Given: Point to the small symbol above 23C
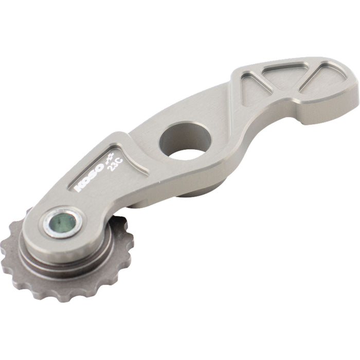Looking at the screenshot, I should [110, 158].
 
